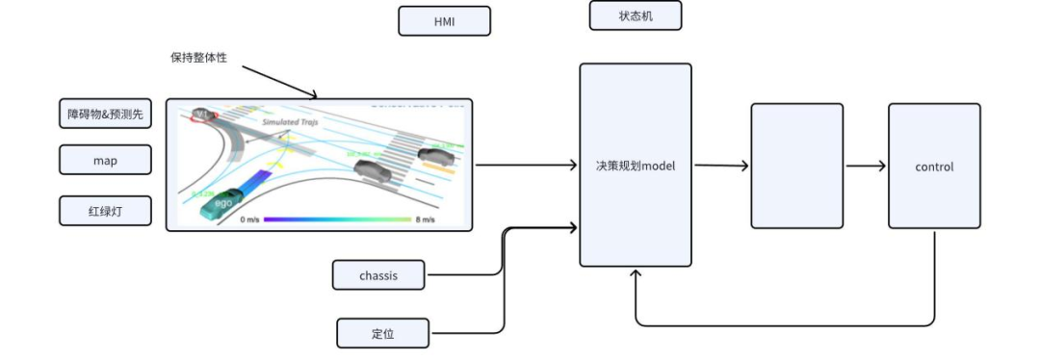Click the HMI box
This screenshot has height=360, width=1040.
pos(444,21)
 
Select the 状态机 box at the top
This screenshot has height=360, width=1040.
pos(635,15)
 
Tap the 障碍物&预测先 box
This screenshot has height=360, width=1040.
pos(105,114)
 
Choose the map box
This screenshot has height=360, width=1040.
pos(105,160)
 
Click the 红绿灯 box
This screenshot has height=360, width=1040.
pos(105,210)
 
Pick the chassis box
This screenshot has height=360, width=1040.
pos(378,275)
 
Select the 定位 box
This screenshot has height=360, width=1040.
pos(382,333)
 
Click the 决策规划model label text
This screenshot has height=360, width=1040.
pos(635,166)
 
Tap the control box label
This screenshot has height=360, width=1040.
pos(933,167)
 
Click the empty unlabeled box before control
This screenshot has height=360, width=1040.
pos(796,166)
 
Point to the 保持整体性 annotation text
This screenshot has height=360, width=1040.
pos(201,58)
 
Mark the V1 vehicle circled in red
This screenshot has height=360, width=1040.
pos(203,116)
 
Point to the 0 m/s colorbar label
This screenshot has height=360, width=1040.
pos(250,219)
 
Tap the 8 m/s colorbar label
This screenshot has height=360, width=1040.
pos(424,219)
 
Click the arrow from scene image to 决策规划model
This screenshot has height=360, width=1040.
pos(525,166)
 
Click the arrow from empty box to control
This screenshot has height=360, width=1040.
pos(865,166)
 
